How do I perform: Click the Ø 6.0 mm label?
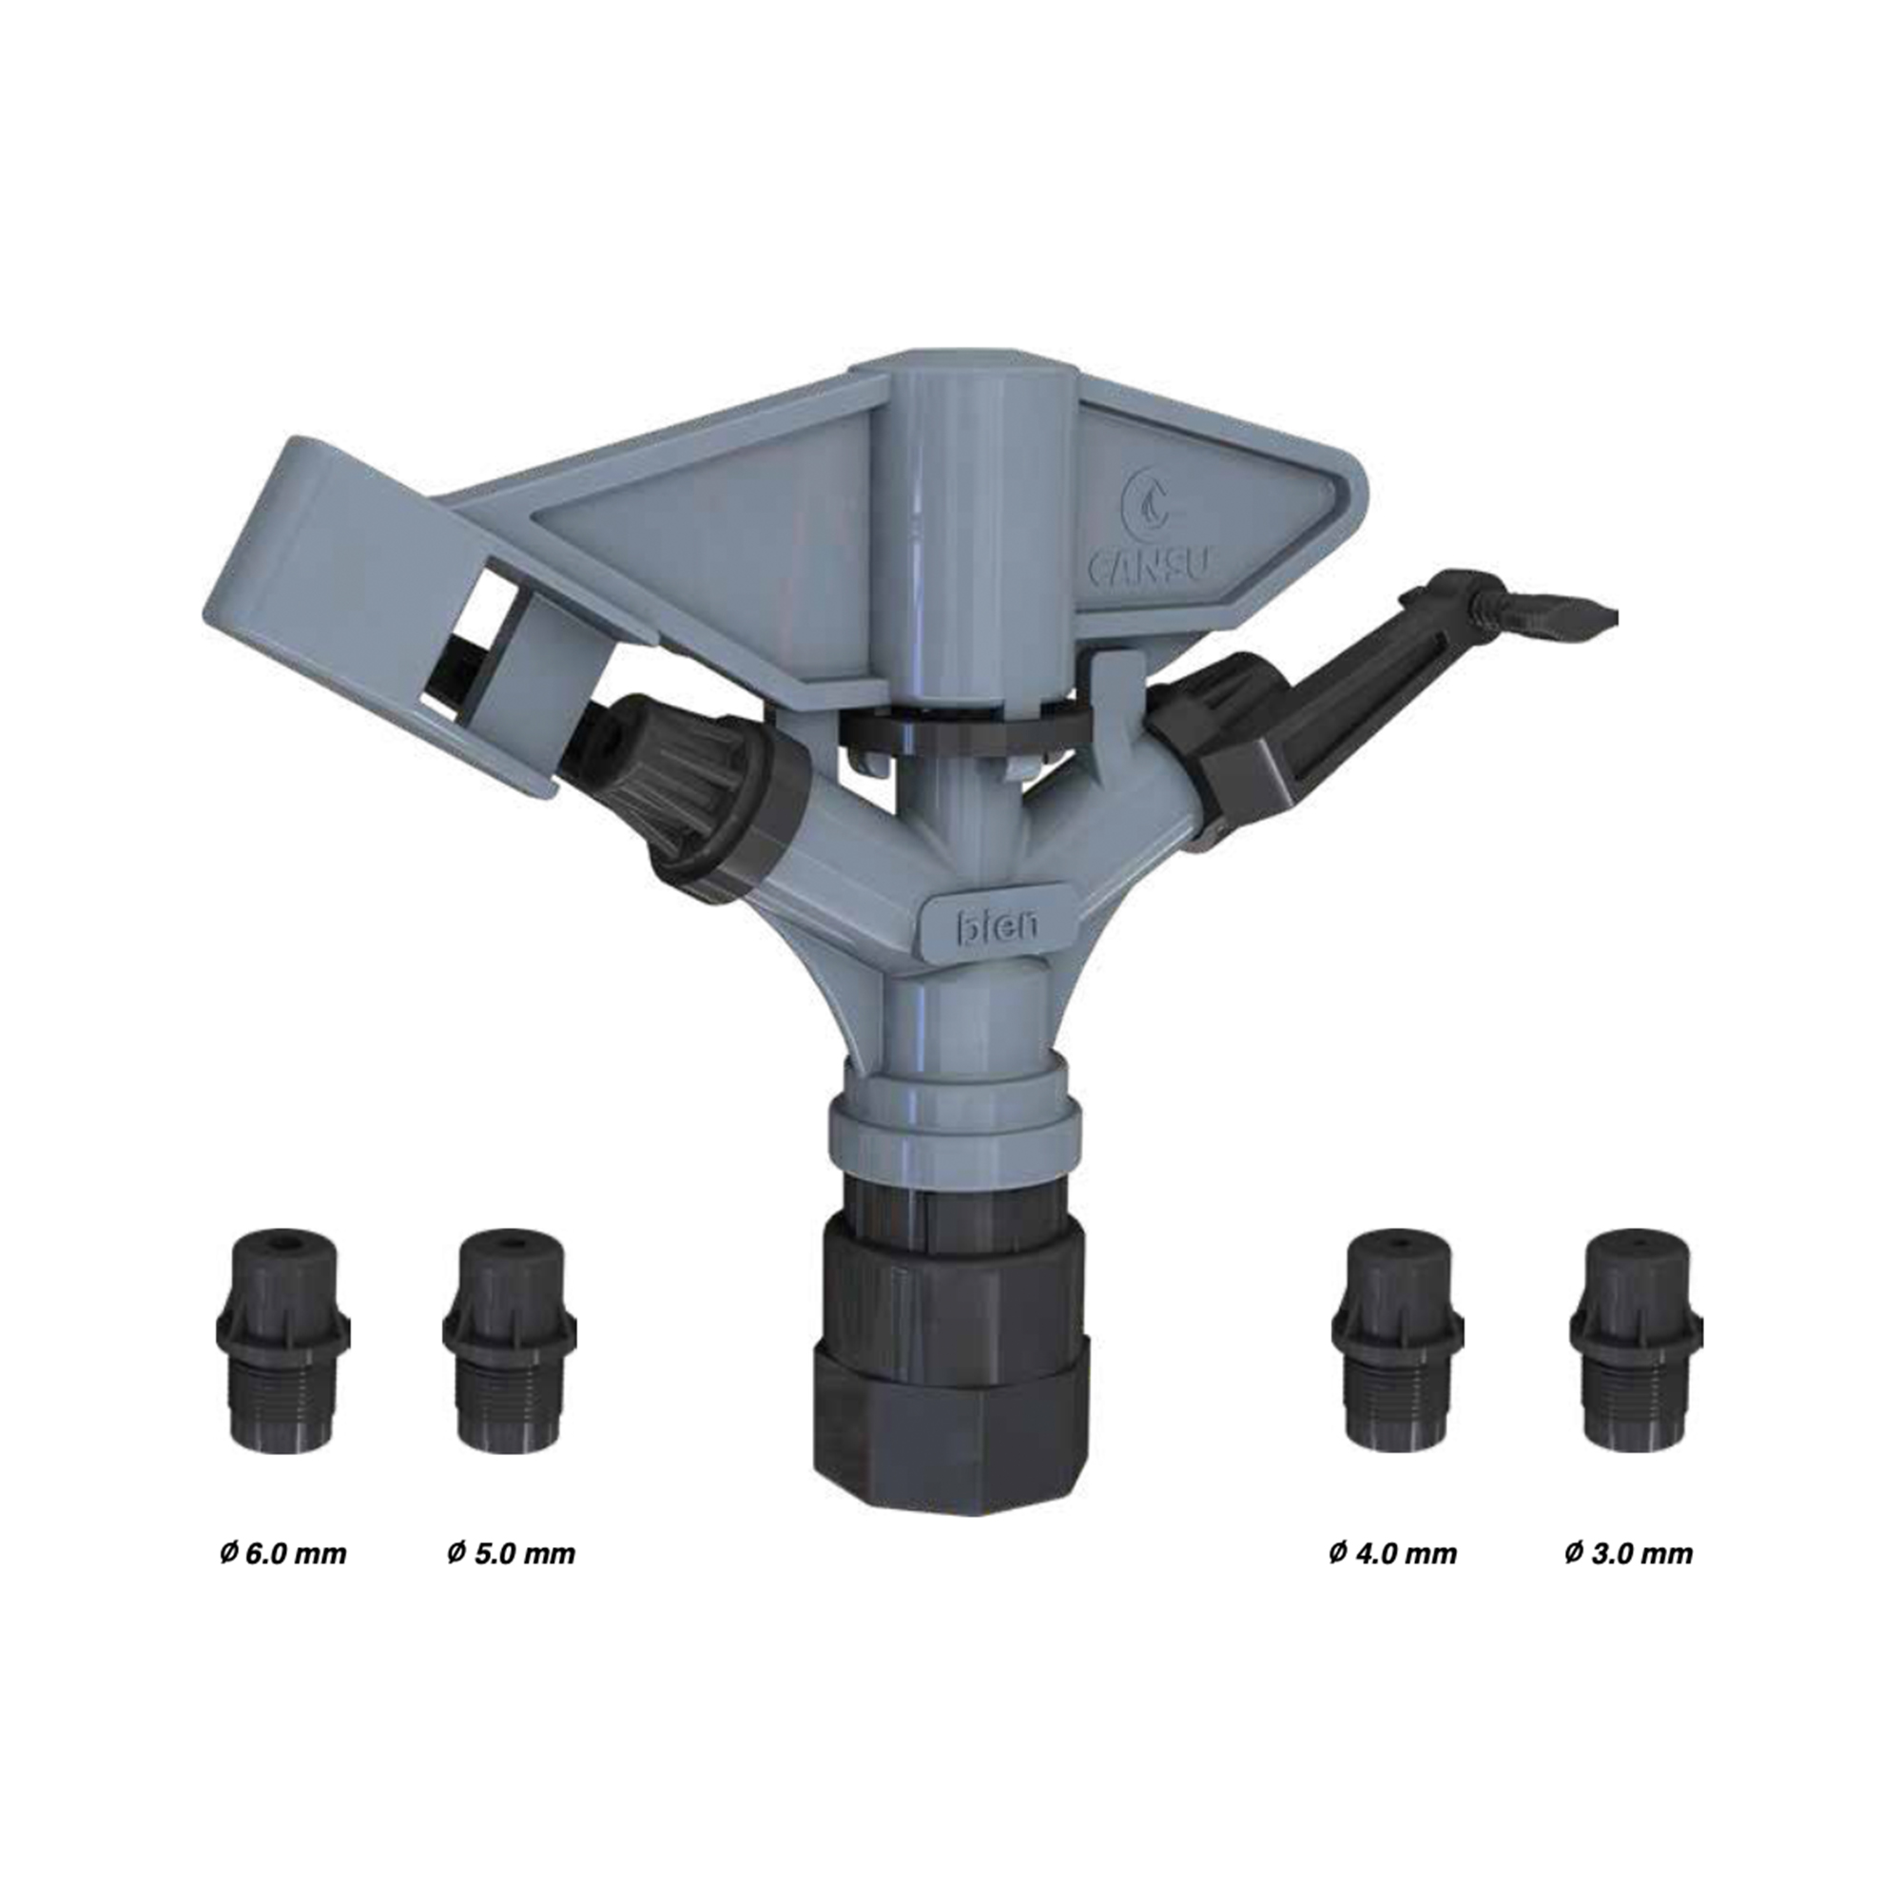coord(283,1554)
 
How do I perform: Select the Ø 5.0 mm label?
coord(510,1554)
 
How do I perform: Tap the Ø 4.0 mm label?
coord(1392,1554)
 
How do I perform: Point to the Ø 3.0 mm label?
coord(1628,1554)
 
